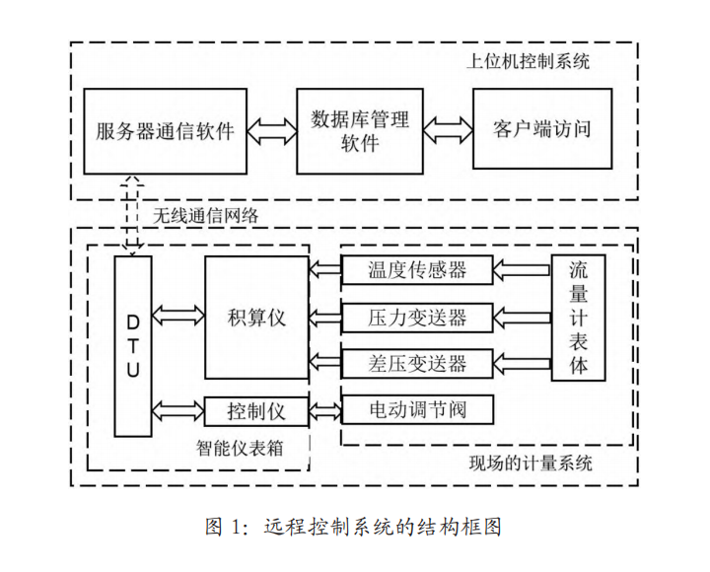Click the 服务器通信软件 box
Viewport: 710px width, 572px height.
pos(165,130)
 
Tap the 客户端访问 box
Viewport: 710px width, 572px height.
pos(545,130)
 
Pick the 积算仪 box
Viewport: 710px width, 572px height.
pos(256,317)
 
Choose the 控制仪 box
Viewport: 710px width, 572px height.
pos(256,409)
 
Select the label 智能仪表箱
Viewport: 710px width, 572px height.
pos(241,448)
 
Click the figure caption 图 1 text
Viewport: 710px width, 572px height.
pos(354,527)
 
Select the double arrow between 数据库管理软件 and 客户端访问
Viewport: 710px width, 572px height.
pos(447,130)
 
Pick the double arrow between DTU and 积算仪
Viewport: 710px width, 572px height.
pos(177,317)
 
